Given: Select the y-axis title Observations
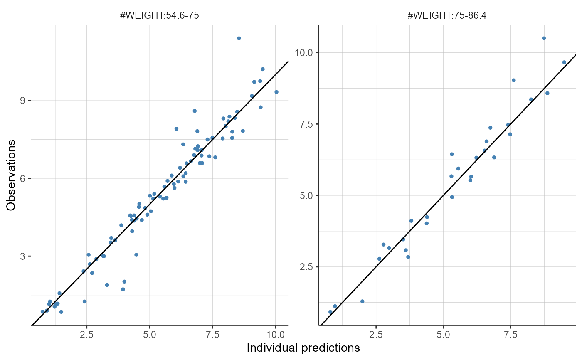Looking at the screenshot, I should (x=12, y=175).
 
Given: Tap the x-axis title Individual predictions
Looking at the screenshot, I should (x=303, y=348).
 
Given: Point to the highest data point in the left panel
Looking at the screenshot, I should (x=239, y=38).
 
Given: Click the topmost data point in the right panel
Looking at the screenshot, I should (x=544, y=38).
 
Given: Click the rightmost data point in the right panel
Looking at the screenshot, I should (x=564, y=62).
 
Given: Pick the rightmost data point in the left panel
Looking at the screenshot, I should (x=276, y=92).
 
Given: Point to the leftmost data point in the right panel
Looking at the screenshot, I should (x=330, y=312).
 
